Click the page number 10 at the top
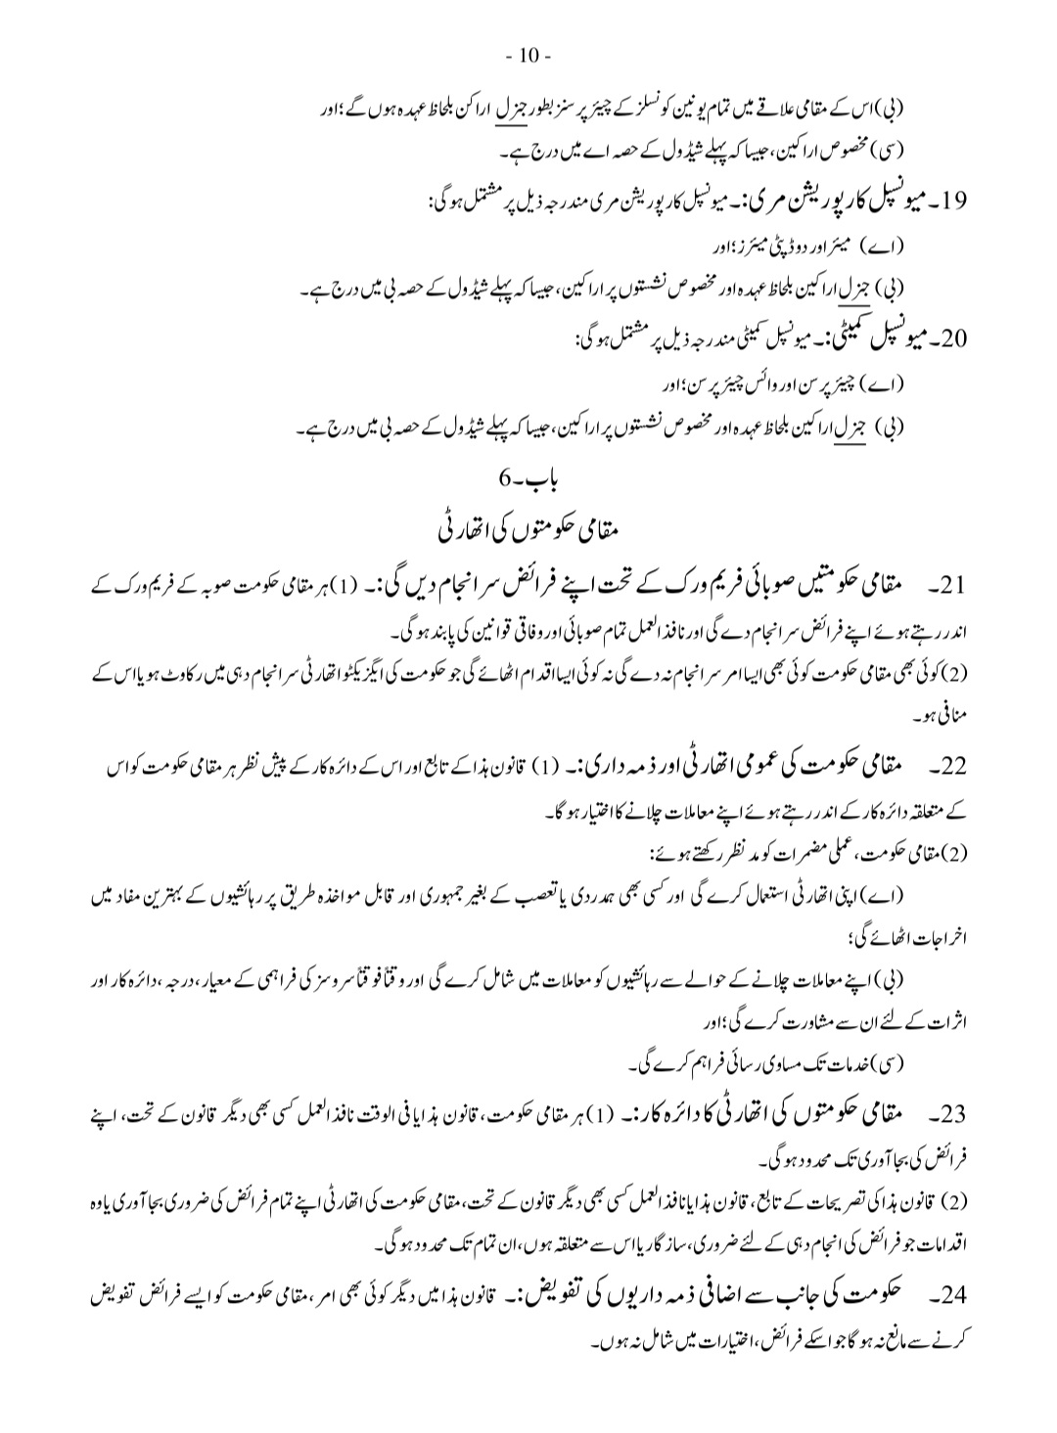click(528, 55)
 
